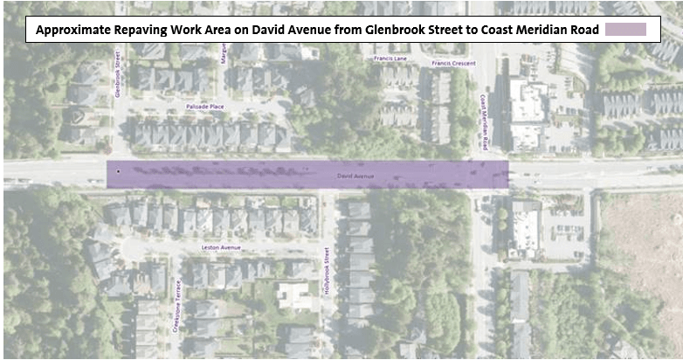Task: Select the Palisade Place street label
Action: pos(205,106)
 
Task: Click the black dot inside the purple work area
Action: pos(119,171)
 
